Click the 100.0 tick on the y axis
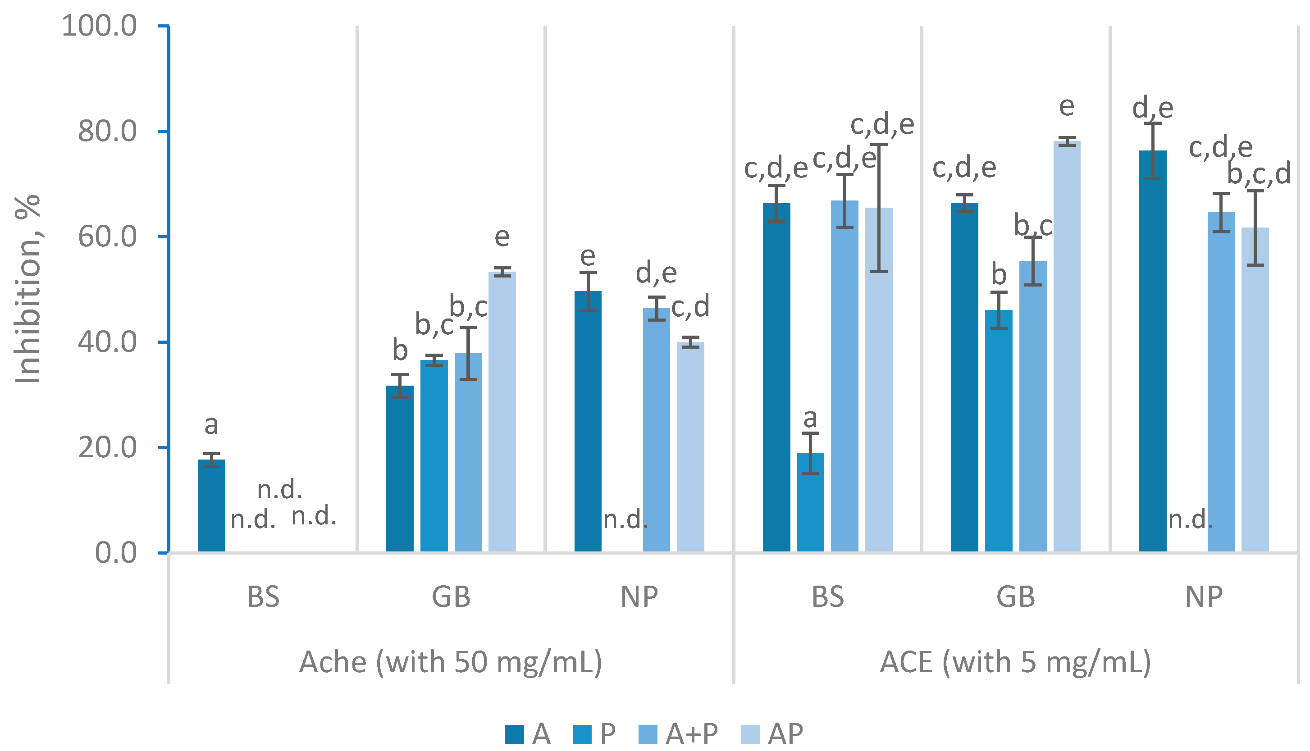[99, 26]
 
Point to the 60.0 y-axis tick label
[107, 237]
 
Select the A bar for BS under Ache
[211, 505]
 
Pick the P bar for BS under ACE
[810, 502]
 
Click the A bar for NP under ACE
[1153, 351]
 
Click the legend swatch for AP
[750, 734]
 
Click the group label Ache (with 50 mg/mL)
[451, 662]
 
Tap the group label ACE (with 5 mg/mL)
[1015, 662]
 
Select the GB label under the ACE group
[1015, 597]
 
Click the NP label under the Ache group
[639, 597]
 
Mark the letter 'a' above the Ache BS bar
[211, 425]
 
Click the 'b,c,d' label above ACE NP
[1259, 174]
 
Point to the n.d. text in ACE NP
[1190, 519]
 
